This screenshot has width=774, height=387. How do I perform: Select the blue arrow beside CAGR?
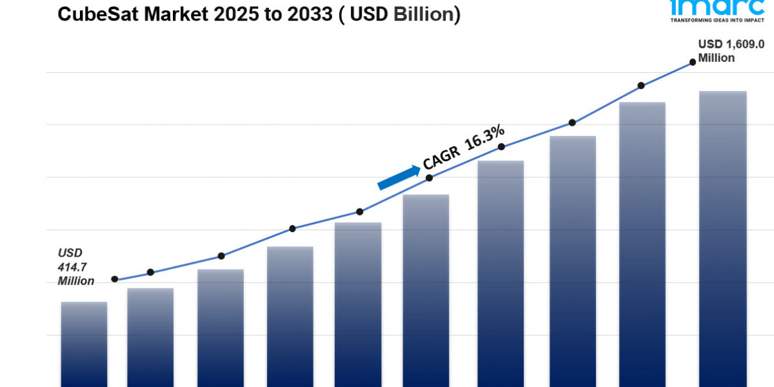pos(398,177)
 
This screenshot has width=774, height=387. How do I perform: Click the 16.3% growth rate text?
pos(484,138)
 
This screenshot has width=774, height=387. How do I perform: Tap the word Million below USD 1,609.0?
pos(716,58)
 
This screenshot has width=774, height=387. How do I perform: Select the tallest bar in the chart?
pos(723,239)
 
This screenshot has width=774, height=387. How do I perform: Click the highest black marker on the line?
pos(693,62)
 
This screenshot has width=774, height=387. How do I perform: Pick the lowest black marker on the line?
pos(115,279)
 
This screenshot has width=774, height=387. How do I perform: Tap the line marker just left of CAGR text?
pos(359,212)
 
